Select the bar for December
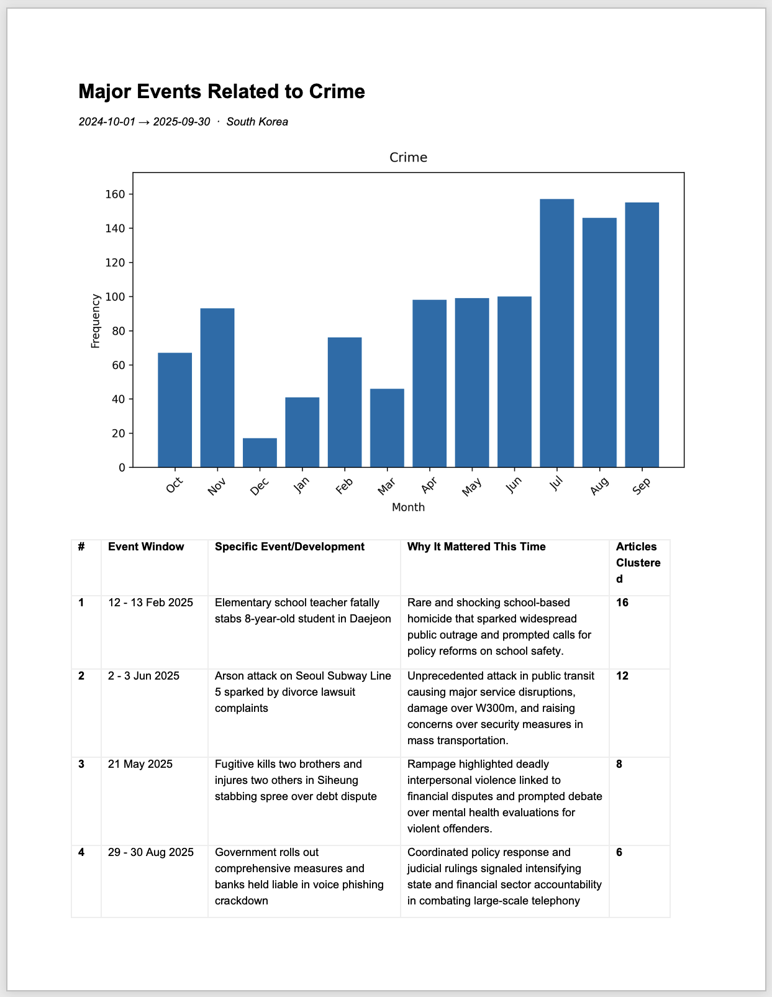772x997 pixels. (260, 453)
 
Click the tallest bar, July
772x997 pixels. (556, 333)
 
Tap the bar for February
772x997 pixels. (345, 402)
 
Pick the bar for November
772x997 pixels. (217, 388)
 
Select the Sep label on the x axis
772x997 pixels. (642, 486)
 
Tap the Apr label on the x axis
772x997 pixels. (429, 486)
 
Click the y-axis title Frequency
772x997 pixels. (96, 321)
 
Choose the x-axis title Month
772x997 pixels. (408, 507)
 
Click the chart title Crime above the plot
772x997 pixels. (408, 157)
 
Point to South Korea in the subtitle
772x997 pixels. (257, 122)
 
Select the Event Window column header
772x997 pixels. (146, 547)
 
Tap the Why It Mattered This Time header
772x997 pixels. (476, 547)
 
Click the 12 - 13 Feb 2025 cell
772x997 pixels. (150, 603)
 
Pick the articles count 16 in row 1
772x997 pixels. (622, 603)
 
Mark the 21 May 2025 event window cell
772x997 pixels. (140, 764)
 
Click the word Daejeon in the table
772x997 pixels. (370, 619)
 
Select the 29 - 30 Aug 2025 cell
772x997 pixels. (151, 852)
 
